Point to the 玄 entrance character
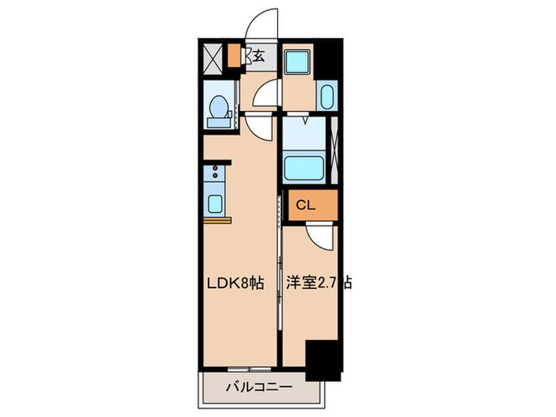(260, 56)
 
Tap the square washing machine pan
(299, 62)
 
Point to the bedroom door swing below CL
(318, 233)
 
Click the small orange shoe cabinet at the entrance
(234, 56)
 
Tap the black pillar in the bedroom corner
(322, 357)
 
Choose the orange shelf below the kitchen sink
(216, 216)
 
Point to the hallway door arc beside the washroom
(264, 95)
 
